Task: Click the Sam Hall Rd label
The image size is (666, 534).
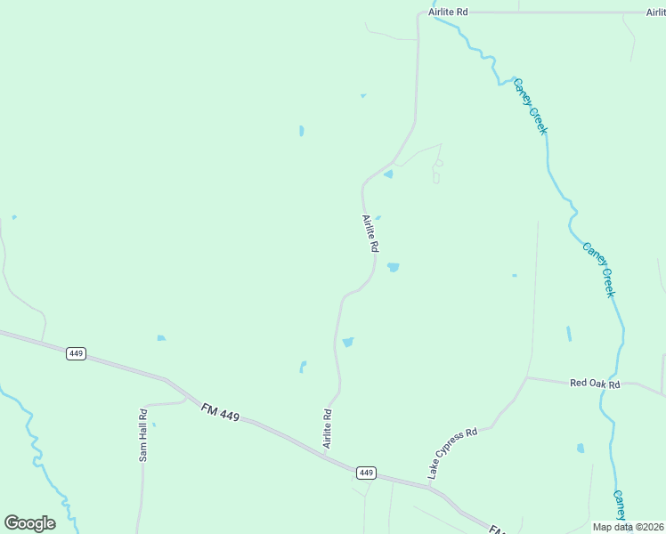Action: tap(142, 435)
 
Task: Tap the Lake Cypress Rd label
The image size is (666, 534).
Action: tap(452, 453)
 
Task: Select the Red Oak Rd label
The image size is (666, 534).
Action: tap(594, 384)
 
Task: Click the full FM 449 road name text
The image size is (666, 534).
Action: tap(221, 414)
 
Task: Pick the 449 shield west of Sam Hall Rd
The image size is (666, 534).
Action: tap(76, 353)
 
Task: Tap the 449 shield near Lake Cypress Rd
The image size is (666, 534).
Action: tap(366, 472)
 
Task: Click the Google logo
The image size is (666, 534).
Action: tap(29, 522)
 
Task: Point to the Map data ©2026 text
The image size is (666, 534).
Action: tap(629, 527)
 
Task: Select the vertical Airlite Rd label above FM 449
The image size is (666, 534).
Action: tap(328, 428)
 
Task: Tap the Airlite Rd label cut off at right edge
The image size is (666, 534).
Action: tap(656, 13)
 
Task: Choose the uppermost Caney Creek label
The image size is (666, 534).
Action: tap(530, 106)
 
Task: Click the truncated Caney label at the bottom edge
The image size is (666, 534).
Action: tap(620, 506)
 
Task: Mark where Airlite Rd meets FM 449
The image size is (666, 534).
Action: tap(325, 455)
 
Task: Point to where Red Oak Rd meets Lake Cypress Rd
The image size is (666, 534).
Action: tap(527, 377)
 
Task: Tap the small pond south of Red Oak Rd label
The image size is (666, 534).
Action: tap(581, 449)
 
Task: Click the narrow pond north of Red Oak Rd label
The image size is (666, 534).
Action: tap(568, 334)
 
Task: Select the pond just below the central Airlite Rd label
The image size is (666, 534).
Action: tap(393, 267)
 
